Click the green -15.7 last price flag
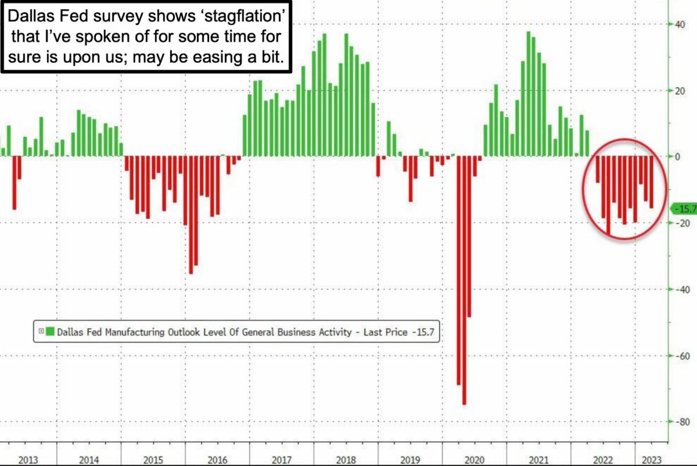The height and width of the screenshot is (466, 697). (x=682, y=208)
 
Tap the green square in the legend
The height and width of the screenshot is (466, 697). (x=51, y=332)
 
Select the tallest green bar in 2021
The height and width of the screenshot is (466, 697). (x=529, y=93)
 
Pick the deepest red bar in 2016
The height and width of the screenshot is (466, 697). (x=191, y=215)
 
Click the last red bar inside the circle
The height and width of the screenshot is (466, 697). (x=651, y=182)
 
